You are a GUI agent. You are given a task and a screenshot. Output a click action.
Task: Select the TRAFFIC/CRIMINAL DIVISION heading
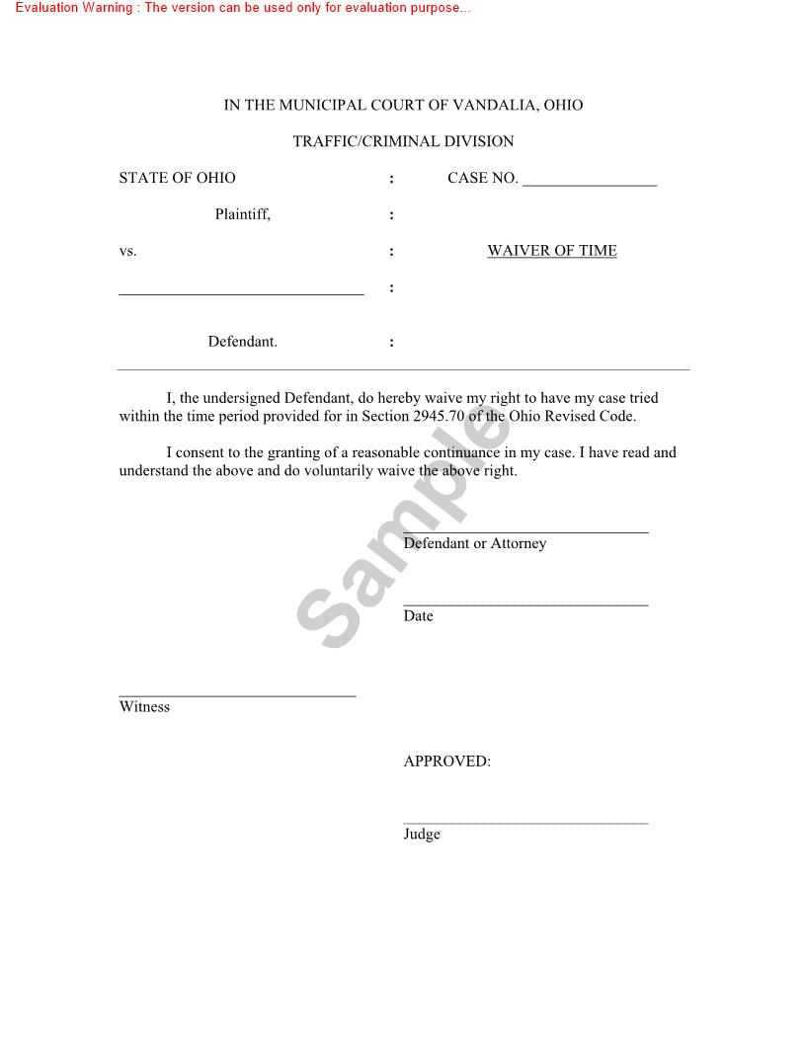coord(403,142)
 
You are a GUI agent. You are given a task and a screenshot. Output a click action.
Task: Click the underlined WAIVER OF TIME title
coord(552,251)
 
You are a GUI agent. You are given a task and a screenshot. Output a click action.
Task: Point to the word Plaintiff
coord(242,214)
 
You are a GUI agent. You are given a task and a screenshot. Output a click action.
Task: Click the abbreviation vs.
coord(127,252)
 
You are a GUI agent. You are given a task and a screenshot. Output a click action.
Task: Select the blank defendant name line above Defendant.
coord(241,293)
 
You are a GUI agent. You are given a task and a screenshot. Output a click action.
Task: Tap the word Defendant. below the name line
coord(242,342)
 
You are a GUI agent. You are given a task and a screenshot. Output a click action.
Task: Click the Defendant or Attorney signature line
coord(525,531)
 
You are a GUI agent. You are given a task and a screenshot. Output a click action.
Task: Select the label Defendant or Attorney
coord(474,544)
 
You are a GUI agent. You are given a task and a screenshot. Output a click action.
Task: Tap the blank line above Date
coord(525,603)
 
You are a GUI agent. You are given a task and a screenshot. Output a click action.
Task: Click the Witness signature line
coord(237,695)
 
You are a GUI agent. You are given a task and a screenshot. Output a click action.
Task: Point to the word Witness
coord(144,707)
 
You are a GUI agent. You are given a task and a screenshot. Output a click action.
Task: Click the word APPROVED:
coord(446,762)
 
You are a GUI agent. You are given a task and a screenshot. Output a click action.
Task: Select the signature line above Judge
coord(525,822)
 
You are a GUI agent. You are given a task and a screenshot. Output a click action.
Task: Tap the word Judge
coord(422,835)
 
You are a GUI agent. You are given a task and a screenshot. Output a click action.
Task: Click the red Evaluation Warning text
coord(243,8)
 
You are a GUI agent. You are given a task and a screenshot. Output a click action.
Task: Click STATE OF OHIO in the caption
coord(177,179)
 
